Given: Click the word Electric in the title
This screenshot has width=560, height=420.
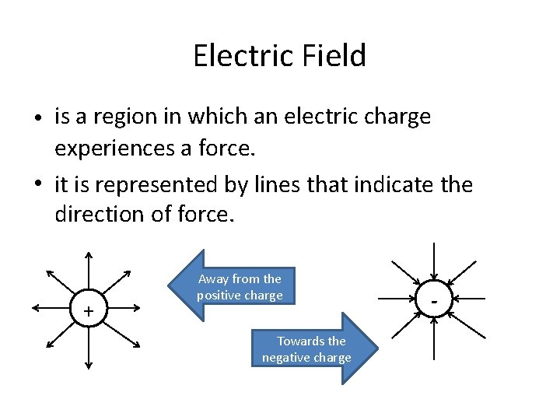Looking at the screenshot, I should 240,56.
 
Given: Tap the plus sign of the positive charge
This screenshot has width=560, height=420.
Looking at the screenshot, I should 89,311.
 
